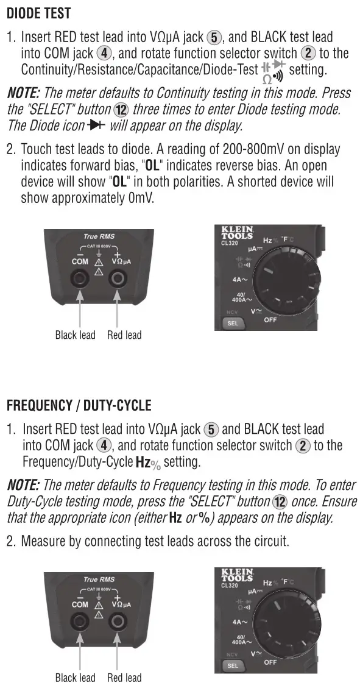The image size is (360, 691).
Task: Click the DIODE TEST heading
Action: [38, 13]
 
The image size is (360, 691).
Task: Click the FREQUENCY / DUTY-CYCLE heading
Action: [79, 405]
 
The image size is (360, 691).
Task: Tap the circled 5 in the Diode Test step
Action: [213, 38]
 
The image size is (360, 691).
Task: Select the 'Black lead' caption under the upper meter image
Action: [75, 335]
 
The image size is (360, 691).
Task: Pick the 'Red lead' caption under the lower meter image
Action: [124, 678]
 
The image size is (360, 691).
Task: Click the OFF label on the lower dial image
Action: [270, 661]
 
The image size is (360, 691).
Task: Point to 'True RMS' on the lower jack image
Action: [99, 579]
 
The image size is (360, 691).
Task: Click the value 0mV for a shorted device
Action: [139, 197]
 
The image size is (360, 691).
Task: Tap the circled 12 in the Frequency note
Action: [280, 501]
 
